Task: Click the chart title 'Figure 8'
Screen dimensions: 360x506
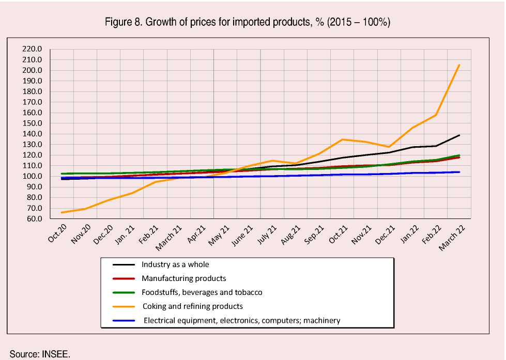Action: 248,22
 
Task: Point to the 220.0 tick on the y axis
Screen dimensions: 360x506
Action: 32,50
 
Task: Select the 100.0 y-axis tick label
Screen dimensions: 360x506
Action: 32,177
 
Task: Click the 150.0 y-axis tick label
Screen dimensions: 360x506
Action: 32,123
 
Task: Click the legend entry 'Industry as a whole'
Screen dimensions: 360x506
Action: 175,264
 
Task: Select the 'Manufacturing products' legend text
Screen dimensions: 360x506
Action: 183,278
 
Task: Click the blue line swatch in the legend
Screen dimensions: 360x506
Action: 124,321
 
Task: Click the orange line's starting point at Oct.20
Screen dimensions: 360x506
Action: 62,212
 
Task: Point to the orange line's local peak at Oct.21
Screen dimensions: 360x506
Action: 342,139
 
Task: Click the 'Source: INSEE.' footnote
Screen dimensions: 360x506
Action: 40,354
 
